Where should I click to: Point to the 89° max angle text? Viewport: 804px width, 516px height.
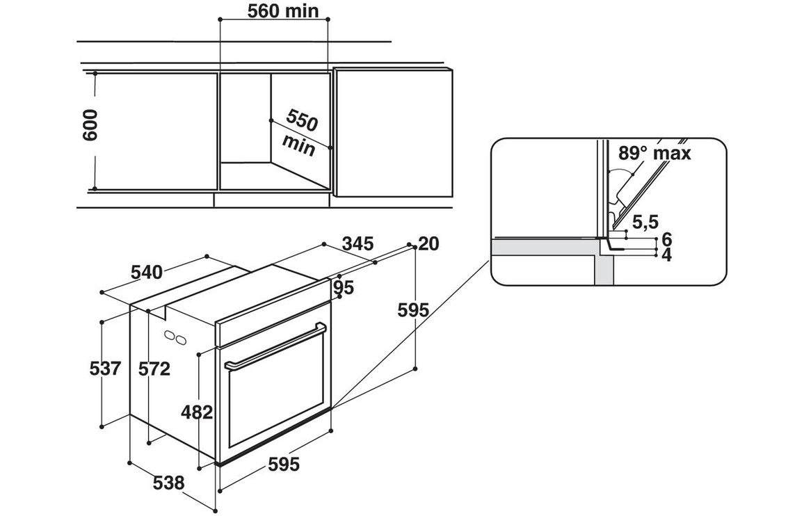(x=654, y=152)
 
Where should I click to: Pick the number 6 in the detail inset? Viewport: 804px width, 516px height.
(x=666, y=240)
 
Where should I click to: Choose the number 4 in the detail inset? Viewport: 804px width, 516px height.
(x=666, y=255)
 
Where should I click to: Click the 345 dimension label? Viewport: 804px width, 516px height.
(x=358, y=243)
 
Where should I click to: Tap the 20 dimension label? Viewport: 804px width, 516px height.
(x=429, y=243)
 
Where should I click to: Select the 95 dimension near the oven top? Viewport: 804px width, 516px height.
(x=344, y=287)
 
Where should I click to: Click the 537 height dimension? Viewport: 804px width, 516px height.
(x=106, y=369)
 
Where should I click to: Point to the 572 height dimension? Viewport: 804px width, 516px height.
(x=154, y=369)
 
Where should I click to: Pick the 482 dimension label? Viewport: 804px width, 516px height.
(x=196, y=412)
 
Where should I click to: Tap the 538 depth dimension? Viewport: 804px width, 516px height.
(x=169, y=482)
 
